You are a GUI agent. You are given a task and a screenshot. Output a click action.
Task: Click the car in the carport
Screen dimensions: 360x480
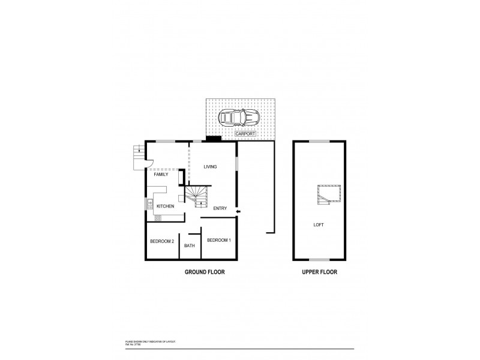pos(238,117)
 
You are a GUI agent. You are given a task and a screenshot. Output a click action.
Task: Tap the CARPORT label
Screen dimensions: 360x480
pos(246,134)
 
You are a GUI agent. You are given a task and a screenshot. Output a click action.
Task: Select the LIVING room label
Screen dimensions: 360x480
pos(210,166)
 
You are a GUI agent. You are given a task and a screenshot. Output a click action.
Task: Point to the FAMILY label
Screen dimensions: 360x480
pos(161,175)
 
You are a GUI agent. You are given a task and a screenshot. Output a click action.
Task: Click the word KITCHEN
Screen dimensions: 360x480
pos(165,206)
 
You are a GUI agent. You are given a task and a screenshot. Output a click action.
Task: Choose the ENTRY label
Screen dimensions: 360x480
pos(220,208)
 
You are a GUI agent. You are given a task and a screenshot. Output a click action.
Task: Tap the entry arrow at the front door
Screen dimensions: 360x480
pos(239,211)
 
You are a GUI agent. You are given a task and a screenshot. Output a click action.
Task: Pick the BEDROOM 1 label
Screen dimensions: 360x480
pos(218,240)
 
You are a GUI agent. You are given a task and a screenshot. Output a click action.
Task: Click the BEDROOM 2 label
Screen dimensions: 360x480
pos(161,241)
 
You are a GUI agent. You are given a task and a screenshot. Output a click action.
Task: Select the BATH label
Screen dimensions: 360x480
pos(190,245)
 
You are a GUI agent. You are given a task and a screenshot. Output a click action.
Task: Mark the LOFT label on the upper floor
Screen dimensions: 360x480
pos(319,226)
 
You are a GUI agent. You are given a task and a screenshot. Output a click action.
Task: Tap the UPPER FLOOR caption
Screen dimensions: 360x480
pos(319,272)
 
